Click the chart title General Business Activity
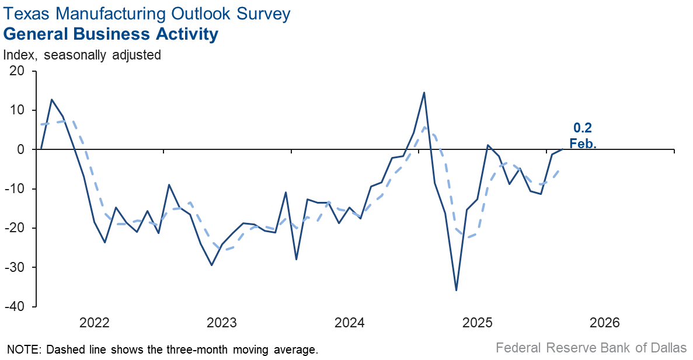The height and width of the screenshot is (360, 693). [x=111, y=34]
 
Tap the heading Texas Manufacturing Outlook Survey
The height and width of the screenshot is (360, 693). [x=147, y=13]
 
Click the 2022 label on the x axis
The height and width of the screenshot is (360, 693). [x=95, y=323]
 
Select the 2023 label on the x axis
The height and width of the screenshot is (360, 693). [x=222, y=323]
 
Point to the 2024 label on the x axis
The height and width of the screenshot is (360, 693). [x=350, y=323]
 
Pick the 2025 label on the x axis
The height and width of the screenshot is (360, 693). [x=477, y=323]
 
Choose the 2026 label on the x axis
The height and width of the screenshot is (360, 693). [x=605, y=323]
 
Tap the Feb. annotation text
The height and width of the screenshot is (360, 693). [x=583, y=142]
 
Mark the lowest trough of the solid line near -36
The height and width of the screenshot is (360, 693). [x=456, y=290]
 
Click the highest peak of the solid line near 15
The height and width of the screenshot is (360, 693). [x=424, y=92]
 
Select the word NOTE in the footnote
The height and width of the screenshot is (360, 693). [x=22, y=349]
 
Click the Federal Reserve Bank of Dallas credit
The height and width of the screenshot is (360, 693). [x=591, y=348]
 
